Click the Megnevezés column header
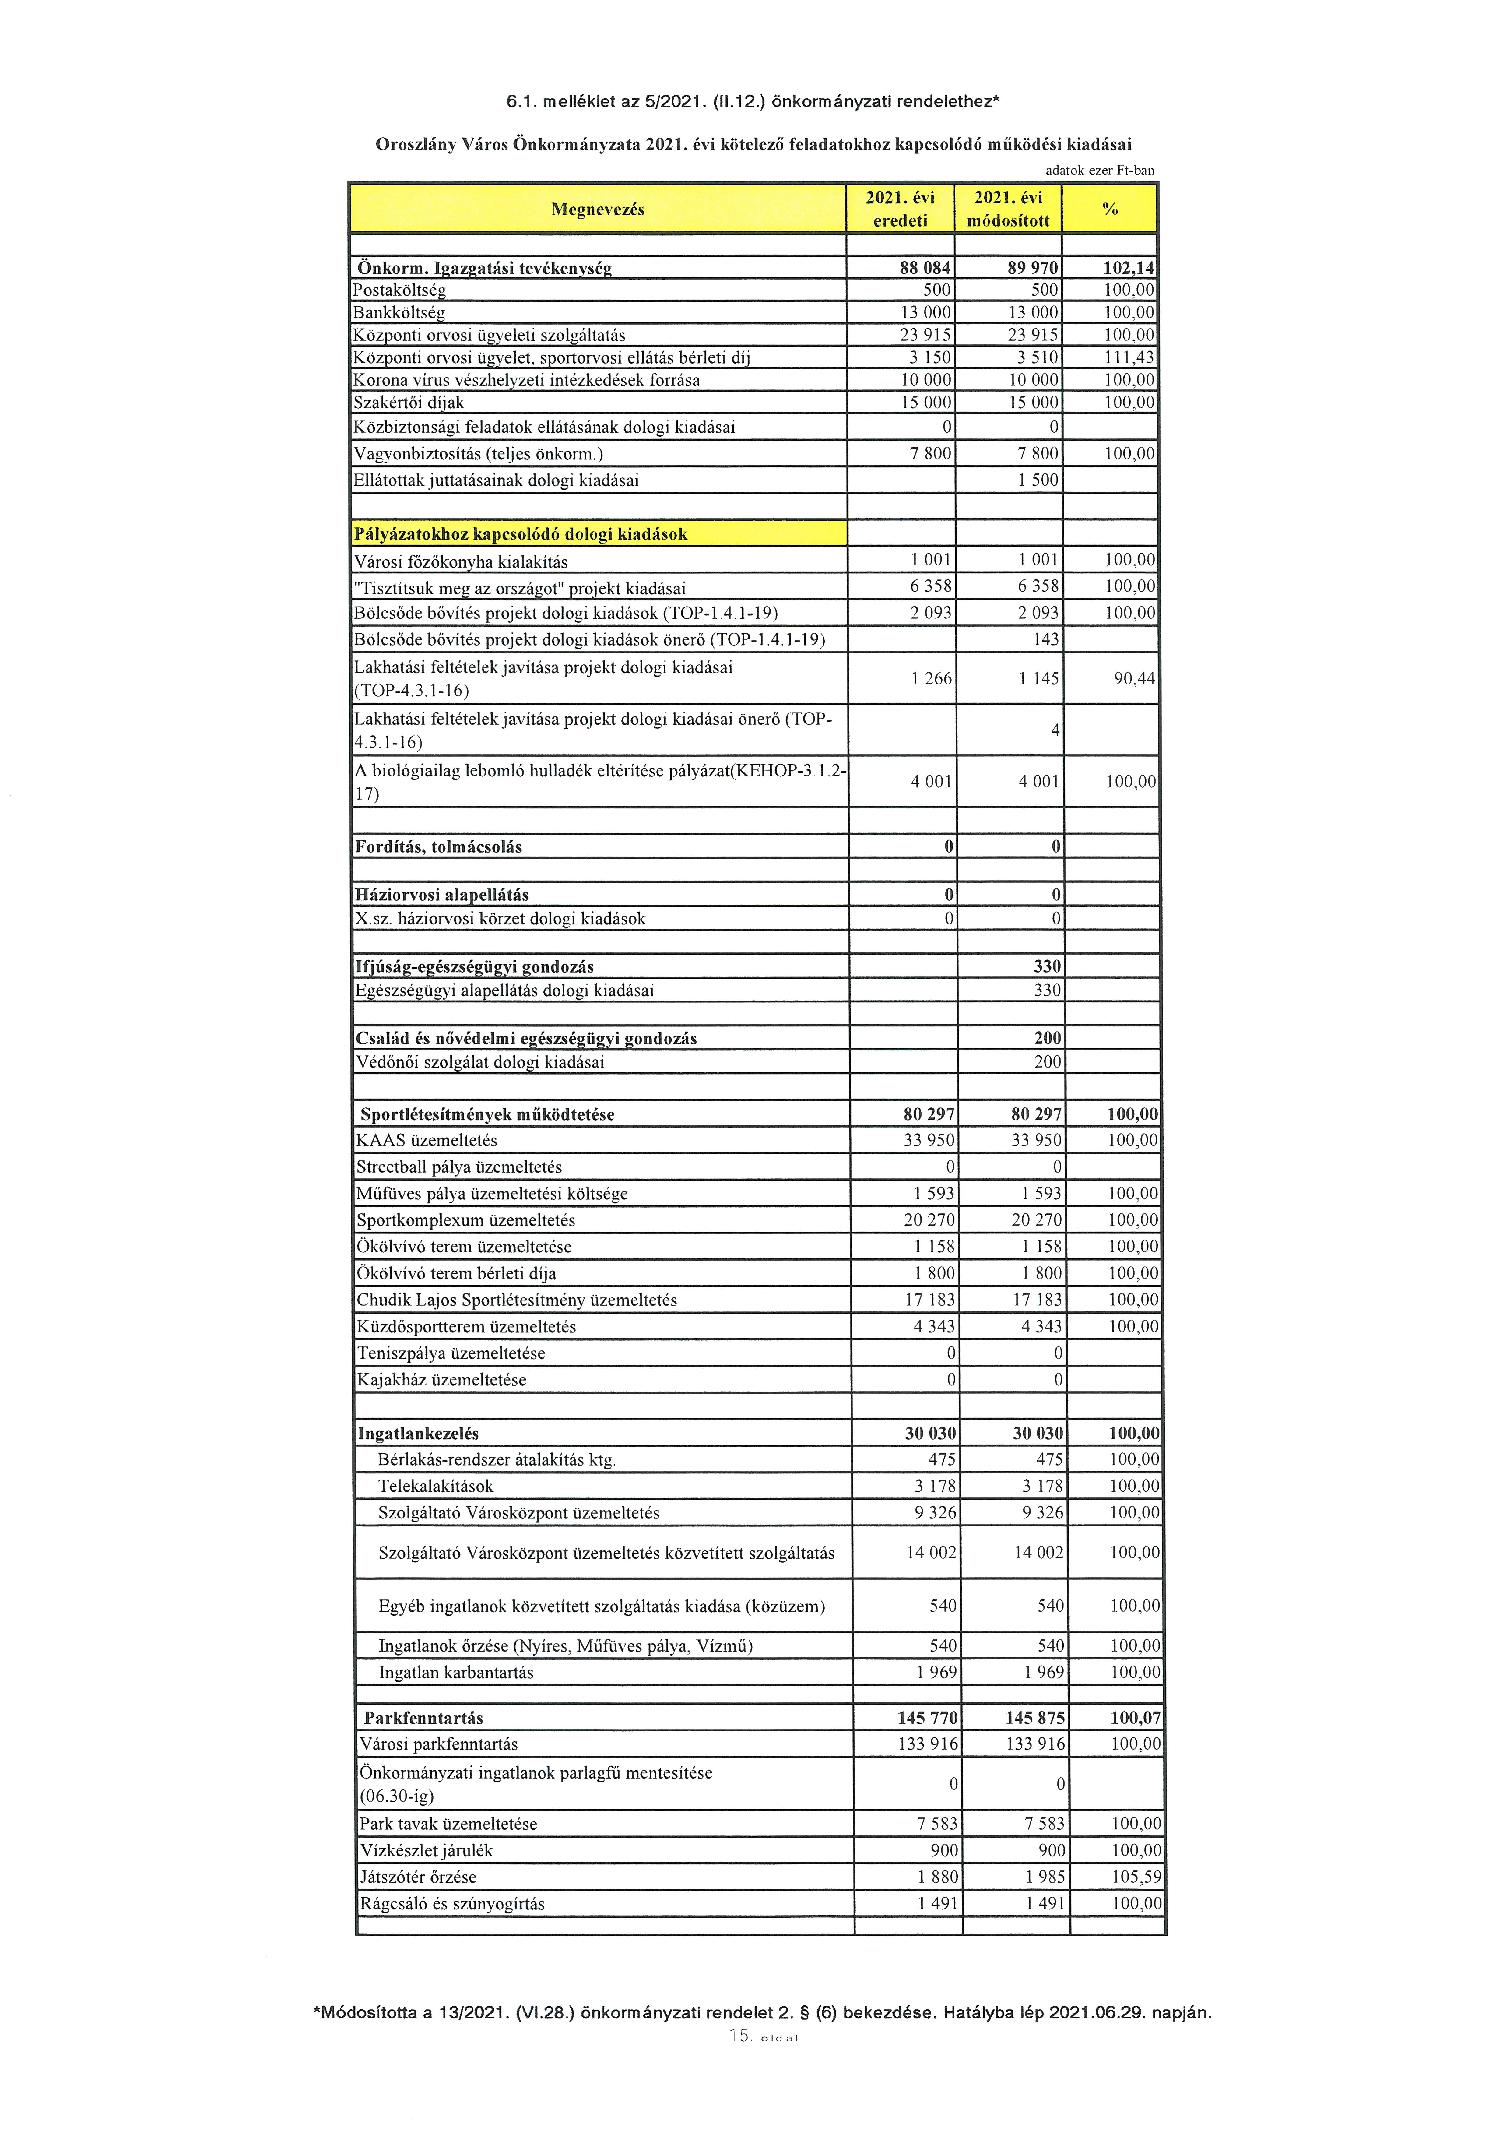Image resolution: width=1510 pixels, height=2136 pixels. point(597,209)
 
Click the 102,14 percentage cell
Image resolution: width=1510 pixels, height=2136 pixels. point(1128,268)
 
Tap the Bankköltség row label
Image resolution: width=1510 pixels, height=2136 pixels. point(399,313)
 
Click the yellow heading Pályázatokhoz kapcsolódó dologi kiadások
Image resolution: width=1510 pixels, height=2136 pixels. point(521,534)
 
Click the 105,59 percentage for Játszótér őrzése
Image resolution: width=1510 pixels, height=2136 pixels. point(1136,1877)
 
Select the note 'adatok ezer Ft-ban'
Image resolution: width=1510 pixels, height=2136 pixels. point(1099,170)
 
